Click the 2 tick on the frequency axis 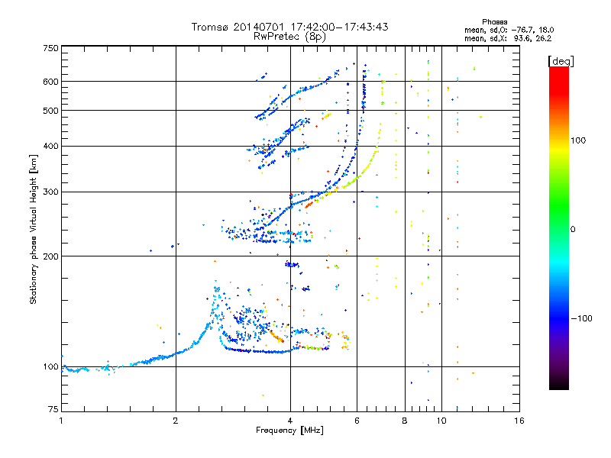point(176,421)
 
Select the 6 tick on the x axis point(357,421)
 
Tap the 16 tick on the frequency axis point(519,421)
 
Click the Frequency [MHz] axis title point(290,431)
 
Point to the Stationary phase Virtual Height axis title point(34,229)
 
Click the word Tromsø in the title point(211,27)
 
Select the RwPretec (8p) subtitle point(290,36)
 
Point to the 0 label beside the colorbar point(574,229)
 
